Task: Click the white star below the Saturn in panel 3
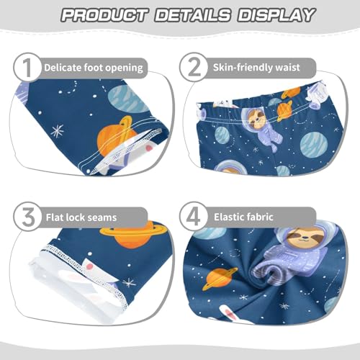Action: pos(130,282)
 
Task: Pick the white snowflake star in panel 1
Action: pos(57,130)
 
